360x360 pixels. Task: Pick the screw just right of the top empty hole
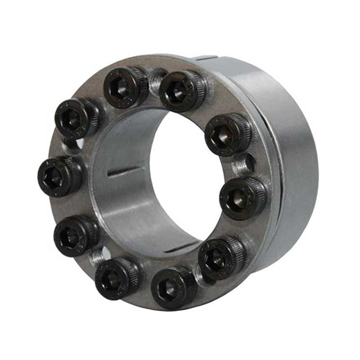tap(182, 91)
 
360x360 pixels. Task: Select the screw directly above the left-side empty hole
tap(77, 116)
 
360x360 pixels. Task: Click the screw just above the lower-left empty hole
tap(75, 234)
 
